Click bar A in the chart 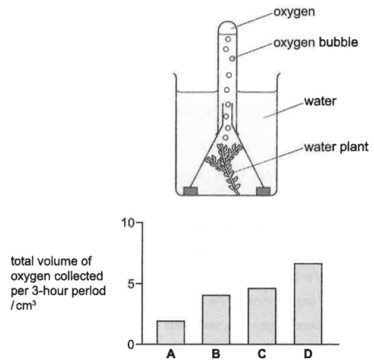pos(171,332)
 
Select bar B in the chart pos(216,320)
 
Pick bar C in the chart pos(262,316)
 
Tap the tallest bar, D pos(308,304)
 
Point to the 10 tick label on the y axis pos(128,223)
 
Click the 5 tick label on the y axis pos(131,284)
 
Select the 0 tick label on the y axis pos(131,345)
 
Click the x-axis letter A pos(171,354)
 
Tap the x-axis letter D pos(308,354)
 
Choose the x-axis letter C pos(262,354)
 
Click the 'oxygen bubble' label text pos(316,43)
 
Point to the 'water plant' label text pos(337,147)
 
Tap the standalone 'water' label pos(320,101)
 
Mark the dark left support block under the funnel pos(191,191)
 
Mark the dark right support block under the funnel pos(263,191)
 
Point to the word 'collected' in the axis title pos(78,276)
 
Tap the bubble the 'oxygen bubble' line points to pos(232,58)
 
